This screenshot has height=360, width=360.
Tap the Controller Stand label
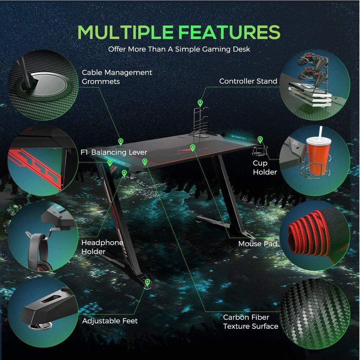pos(248,81)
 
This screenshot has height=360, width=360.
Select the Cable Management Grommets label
pos(117,77)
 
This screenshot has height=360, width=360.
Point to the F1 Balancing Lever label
pos(114,152)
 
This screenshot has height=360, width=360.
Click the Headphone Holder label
pos(102,247)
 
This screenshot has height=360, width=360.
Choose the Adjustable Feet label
pos(110,321)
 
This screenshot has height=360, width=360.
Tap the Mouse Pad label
pos(258,244)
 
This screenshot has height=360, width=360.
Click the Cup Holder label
pos(265,167)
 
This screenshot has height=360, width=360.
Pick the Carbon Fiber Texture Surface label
pos(251,321)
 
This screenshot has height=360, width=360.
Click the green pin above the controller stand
pos(200,103)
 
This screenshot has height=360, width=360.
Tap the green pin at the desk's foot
pos(147,282)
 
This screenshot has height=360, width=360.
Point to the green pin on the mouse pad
pos(193,148)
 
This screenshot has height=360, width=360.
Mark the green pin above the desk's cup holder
pos(260,139)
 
